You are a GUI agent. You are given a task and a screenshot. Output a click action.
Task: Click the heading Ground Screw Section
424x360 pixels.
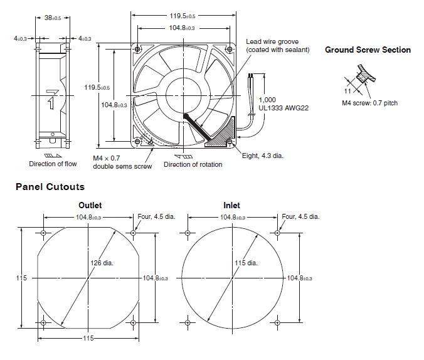[x=368, y=50]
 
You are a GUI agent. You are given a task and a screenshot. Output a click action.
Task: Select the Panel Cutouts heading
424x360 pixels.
[x=50, y=187]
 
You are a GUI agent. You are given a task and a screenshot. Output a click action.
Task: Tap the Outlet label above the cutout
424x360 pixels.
[x=90, y=205]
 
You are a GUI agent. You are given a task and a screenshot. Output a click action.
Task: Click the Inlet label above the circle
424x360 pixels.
[x=231, y=205]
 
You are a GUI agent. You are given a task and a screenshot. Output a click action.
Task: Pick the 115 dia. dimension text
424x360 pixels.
[x=246, y=263]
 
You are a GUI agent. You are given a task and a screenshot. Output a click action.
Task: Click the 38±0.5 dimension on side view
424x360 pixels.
[x=52, y=18]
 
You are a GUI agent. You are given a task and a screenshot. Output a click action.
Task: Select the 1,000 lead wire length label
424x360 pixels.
[x=267, y=100]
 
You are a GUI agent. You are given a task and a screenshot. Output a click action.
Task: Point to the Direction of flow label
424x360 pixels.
[x=53, y=164]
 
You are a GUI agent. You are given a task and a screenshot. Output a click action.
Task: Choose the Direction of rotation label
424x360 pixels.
[x=193, y=165]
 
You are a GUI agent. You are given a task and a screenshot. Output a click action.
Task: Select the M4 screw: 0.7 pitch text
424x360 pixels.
[x=369, y=103]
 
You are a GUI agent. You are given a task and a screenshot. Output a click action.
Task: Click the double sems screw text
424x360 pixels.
[x=122, y=166]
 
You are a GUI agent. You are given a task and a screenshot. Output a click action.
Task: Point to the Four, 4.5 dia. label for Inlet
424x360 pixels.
[x=300, y=216]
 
